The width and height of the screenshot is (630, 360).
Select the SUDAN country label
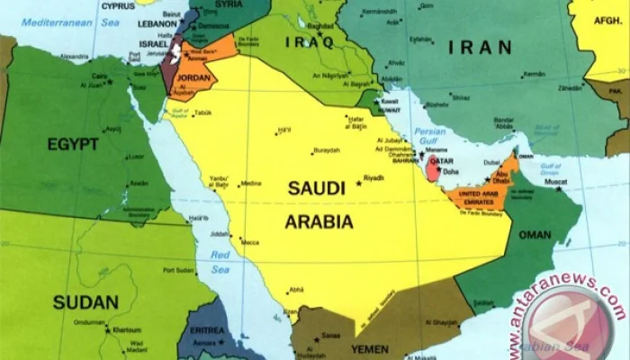(x=85, y=301)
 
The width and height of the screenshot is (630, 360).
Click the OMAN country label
(x=535, y=235)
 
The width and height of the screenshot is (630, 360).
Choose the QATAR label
(x=440, y=163)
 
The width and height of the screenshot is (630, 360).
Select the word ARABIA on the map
(x=319, y=220)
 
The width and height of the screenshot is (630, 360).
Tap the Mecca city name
(x=248, y=242)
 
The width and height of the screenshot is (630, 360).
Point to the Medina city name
(x=250, y=184)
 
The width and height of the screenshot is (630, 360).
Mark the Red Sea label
(x=219, y=261)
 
